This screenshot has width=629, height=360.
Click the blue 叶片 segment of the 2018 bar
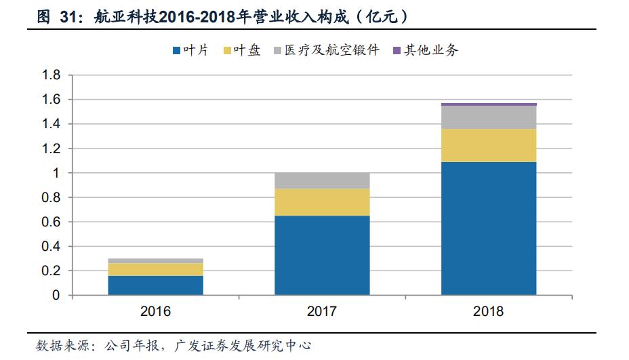489,228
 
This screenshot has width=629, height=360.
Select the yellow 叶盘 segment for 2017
322,202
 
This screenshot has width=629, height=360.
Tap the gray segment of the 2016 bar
155,260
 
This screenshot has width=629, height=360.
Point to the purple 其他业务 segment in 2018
489,104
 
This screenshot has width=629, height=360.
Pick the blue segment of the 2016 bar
155,285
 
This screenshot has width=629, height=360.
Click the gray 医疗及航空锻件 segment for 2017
322,180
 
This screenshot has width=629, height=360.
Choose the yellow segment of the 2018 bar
489,145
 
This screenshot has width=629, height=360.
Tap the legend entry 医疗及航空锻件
326,49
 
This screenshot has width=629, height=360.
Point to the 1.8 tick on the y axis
52,75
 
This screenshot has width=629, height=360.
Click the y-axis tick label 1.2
52,148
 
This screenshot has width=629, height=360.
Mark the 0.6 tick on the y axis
52,222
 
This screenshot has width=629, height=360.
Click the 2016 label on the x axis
155,312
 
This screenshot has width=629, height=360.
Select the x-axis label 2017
322,312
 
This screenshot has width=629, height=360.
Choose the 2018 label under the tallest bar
489,312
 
